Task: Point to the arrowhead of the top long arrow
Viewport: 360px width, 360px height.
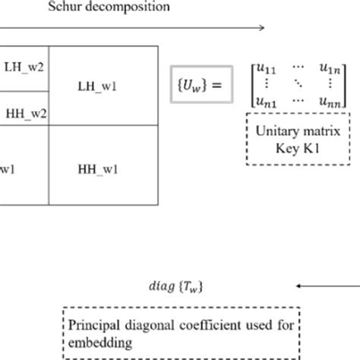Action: [261, 28]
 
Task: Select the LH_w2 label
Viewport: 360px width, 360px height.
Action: [24, 66]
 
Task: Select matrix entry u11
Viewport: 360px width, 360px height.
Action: [263, 70]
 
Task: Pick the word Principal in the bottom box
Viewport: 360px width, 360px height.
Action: [93, 326]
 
